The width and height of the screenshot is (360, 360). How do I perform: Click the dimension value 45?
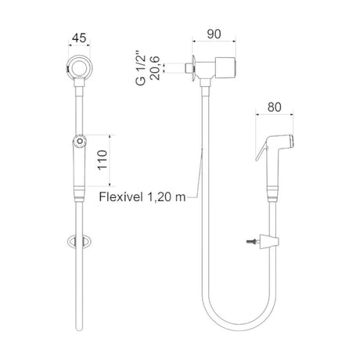click(79, 38)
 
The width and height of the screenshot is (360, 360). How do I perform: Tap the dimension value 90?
click(214, 34)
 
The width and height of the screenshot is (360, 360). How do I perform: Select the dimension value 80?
click(275, 107)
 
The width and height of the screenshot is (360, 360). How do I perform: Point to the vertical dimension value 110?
click(103, 160)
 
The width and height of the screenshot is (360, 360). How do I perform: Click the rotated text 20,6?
click(155, 68)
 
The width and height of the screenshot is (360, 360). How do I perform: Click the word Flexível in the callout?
click(121, 196)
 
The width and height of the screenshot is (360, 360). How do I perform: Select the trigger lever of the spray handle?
click(261, 150)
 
